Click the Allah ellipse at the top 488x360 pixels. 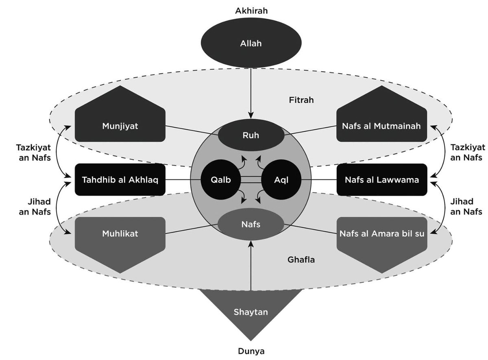click(x=251, y=43)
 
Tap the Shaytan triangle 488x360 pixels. click(x=251, y=312)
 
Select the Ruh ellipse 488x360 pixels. click(x=251, y=135)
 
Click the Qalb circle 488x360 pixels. click(x=220, y=179)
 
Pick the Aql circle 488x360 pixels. click(x=281, y=179)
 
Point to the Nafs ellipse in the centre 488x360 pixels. click(x=251, y=223)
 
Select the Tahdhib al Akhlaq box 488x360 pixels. click(x=120, y=179)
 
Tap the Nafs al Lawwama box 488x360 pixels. click(x=381, y=179)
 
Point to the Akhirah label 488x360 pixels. click(x=251, y=11)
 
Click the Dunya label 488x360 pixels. click(x=251, y=351)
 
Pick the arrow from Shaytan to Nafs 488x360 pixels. click(x=251, y=264)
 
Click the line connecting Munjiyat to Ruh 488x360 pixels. click(x=191, y=130)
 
